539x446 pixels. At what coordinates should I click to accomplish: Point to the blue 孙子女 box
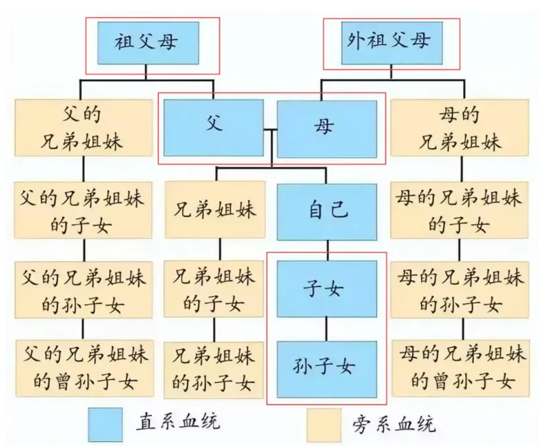(327, 365)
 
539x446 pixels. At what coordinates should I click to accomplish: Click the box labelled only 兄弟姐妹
(214, 210)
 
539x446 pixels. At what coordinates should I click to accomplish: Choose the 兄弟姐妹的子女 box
(214, 288)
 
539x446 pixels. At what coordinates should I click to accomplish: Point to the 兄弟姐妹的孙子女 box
(214, 366)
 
